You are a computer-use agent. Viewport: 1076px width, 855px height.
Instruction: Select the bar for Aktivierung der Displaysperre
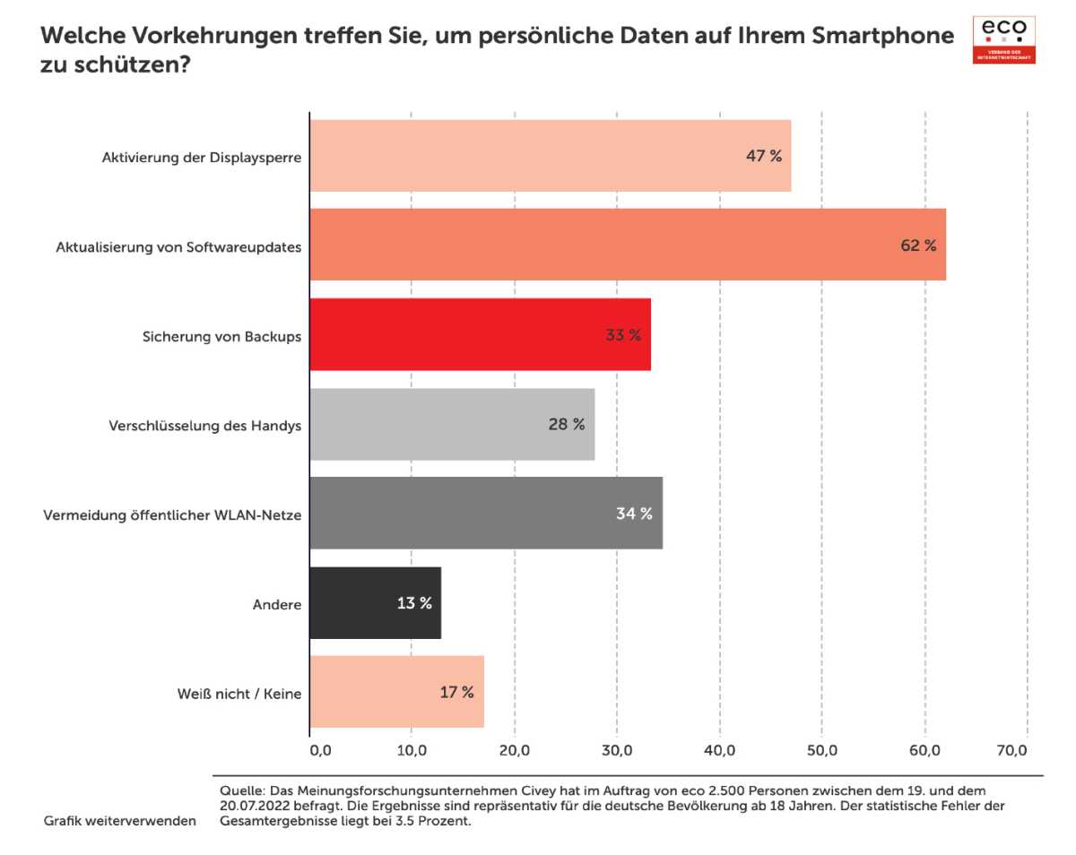tap(550, 156)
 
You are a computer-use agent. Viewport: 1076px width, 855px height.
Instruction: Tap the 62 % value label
tap(918, 246)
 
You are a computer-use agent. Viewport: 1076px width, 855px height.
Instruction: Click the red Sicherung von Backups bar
tap(480, 335)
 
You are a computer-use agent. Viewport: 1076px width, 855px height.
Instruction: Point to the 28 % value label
tap(566, 425)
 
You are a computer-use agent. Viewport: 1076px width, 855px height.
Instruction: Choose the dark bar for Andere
tap(375, 603)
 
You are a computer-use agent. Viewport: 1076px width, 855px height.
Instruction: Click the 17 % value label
tap(456, 693)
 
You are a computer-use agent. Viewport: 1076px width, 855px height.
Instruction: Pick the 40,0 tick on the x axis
tap(720, 749)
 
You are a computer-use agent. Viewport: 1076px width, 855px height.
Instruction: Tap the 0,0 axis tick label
tap(320, 749)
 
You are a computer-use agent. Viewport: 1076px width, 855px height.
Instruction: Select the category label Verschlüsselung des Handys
tap(204, 425)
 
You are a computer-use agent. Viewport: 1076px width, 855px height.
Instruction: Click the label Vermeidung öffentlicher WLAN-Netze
tap(172, 514)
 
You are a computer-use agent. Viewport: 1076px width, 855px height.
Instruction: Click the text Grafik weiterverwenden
tap(119, 821)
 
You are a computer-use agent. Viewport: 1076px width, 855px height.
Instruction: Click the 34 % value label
tap(634, 514)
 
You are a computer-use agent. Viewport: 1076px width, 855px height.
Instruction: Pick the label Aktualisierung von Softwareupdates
tap(178, 246)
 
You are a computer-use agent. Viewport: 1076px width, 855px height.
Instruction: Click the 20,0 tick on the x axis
tap(514, 749)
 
